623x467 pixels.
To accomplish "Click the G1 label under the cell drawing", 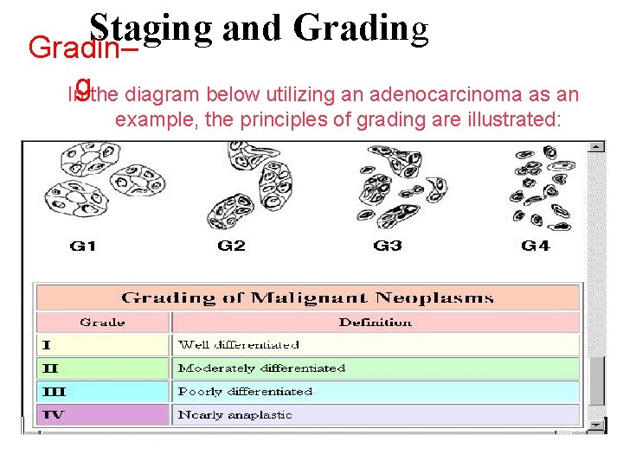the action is tap(82, 246).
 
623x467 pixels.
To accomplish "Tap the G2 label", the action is tap(231, 246).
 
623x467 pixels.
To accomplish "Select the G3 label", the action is tap(387, 246).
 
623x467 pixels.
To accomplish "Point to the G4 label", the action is tap(535, 246).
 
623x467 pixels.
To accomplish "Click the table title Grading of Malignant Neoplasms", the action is tap(307, 298).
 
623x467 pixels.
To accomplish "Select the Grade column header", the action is tap(102, 323).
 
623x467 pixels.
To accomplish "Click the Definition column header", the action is tap(376, 323).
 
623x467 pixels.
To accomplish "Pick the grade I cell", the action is tap(102, 345).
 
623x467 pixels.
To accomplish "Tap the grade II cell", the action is tap(102, 368).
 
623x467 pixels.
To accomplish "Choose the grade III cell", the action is tap(102, 392).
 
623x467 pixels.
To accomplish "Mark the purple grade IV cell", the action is tap(102, 415).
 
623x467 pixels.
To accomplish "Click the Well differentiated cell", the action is tap(376, 345).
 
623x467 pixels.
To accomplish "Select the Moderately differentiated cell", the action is tap(376, 368).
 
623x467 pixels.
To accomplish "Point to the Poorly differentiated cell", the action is tap(376, 392).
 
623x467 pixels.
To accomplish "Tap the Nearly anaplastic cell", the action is tap(376, 415).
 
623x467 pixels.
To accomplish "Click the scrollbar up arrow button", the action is tap(596, 147).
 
